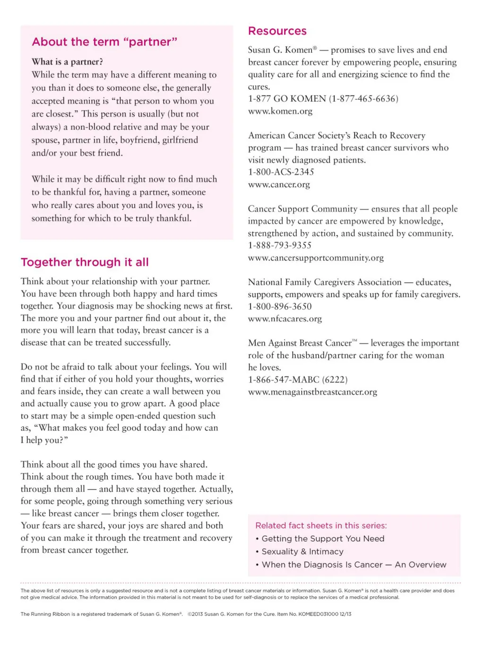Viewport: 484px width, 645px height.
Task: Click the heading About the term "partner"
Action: [104, 42]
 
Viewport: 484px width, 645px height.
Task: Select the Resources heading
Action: [277, 31]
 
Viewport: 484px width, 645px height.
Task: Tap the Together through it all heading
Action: [85, 262]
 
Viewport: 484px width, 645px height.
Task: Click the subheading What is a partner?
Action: [67, 62]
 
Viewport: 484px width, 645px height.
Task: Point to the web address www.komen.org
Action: [280, 112]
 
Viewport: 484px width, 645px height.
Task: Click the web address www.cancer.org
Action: [279, 185]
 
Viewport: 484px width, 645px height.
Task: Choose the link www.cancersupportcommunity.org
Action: [316, 258]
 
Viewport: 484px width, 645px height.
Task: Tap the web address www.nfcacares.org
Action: [285, 319]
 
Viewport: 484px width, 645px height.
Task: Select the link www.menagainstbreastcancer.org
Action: [312, 392]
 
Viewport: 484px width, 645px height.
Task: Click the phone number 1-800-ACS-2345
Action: [281, 172]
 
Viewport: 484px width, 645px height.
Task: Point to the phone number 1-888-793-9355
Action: [280, 246]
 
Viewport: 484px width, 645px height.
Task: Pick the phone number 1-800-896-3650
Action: [280, 307]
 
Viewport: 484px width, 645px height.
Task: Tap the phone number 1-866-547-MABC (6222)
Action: [298, 380]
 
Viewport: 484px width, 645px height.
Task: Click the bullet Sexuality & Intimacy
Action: [302, 552]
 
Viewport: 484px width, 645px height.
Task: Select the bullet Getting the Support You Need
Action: [323, 539]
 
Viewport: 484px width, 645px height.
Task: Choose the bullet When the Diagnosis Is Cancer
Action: [322, 565]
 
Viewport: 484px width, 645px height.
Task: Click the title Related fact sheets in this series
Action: [321, 525]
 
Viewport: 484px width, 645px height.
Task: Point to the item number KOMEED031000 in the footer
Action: [318, 614]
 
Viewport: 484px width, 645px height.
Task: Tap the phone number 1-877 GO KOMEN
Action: [287, 99]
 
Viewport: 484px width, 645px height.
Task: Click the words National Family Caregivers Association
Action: [325, 283]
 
